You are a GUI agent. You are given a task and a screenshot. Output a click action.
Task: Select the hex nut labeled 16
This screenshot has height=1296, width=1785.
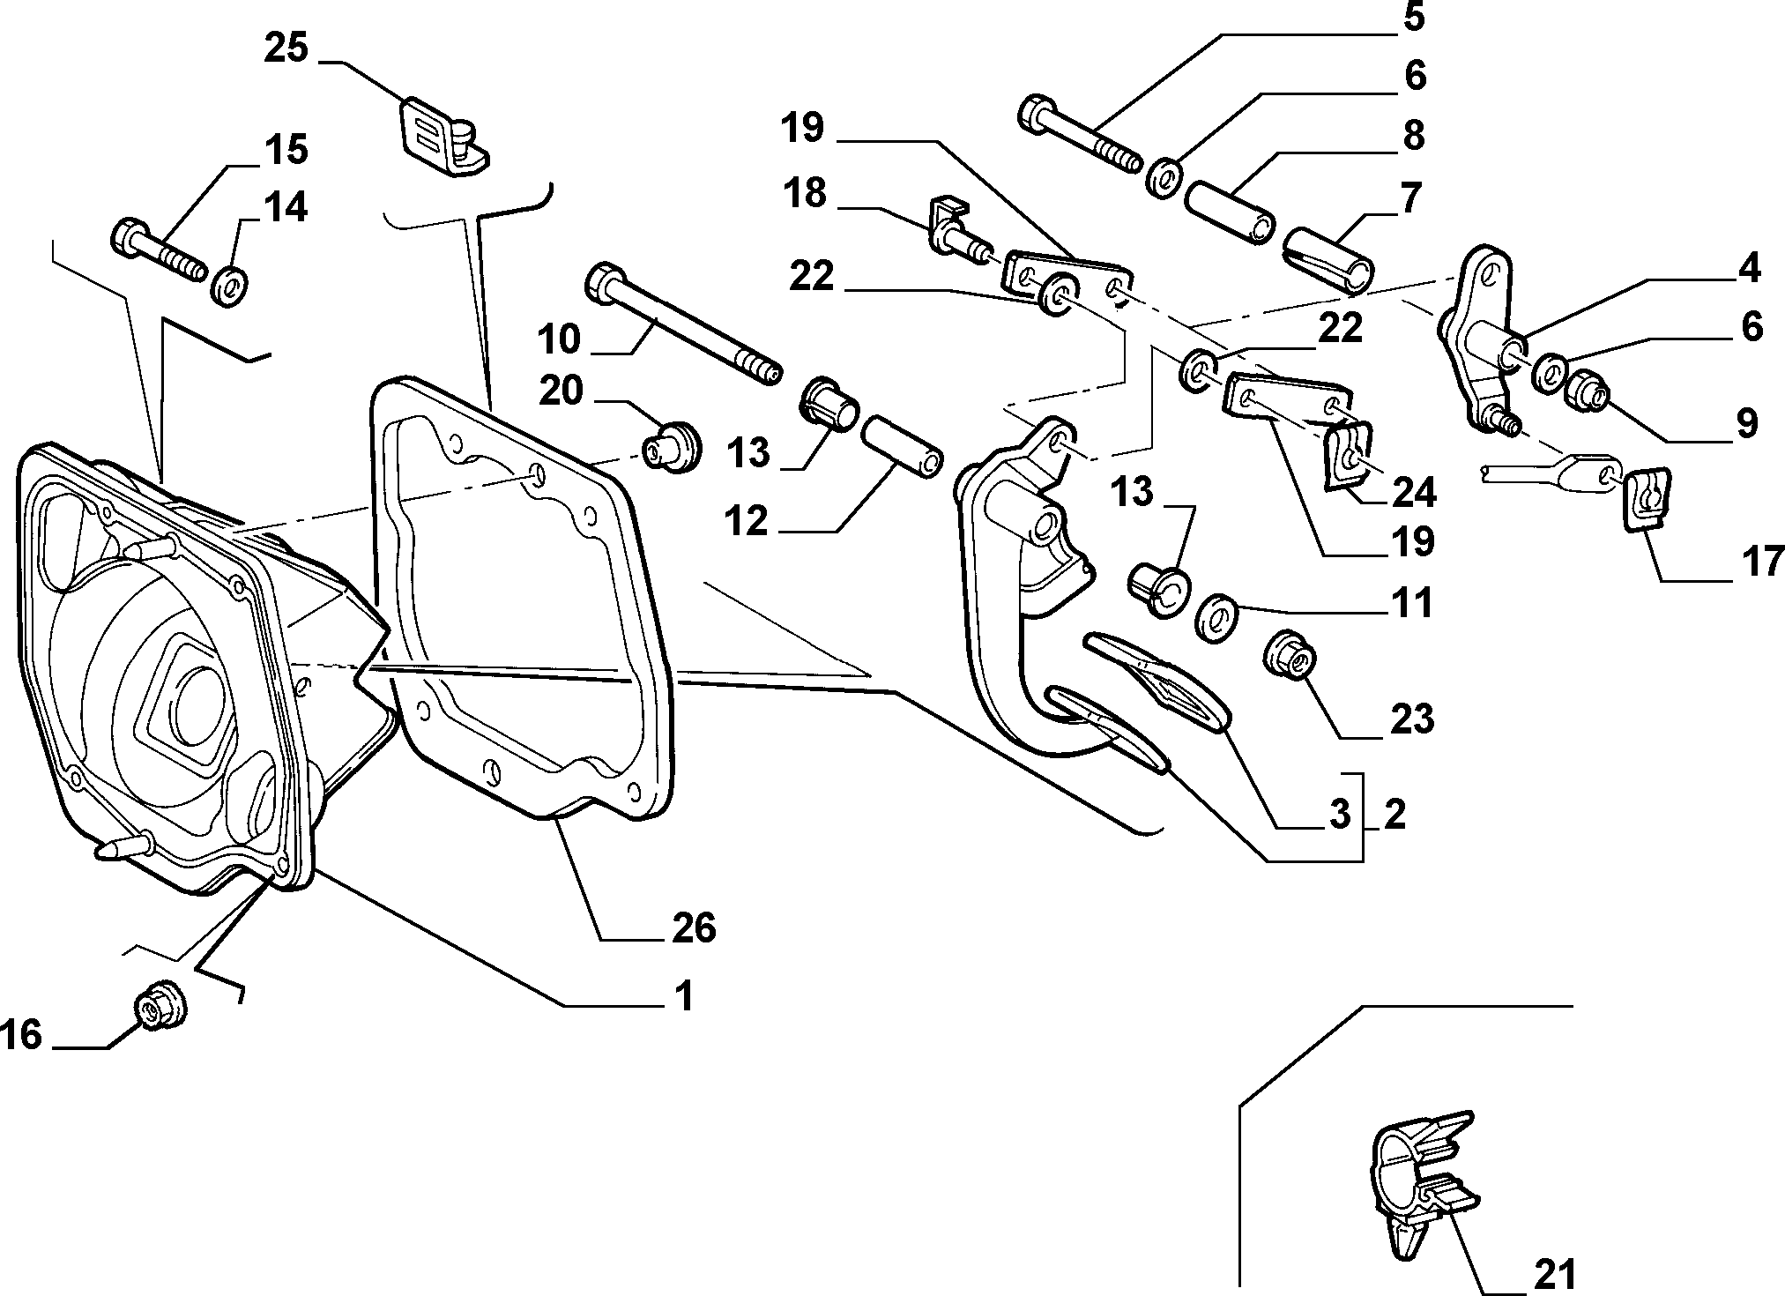point(160,1004)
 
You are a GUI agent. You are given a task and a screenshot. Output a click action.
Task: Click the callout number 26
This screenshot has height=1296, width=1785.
point(693,928)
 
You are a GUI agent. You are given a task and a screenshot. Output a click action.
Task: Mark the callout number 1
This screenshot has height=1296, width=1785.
point(682,996)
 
